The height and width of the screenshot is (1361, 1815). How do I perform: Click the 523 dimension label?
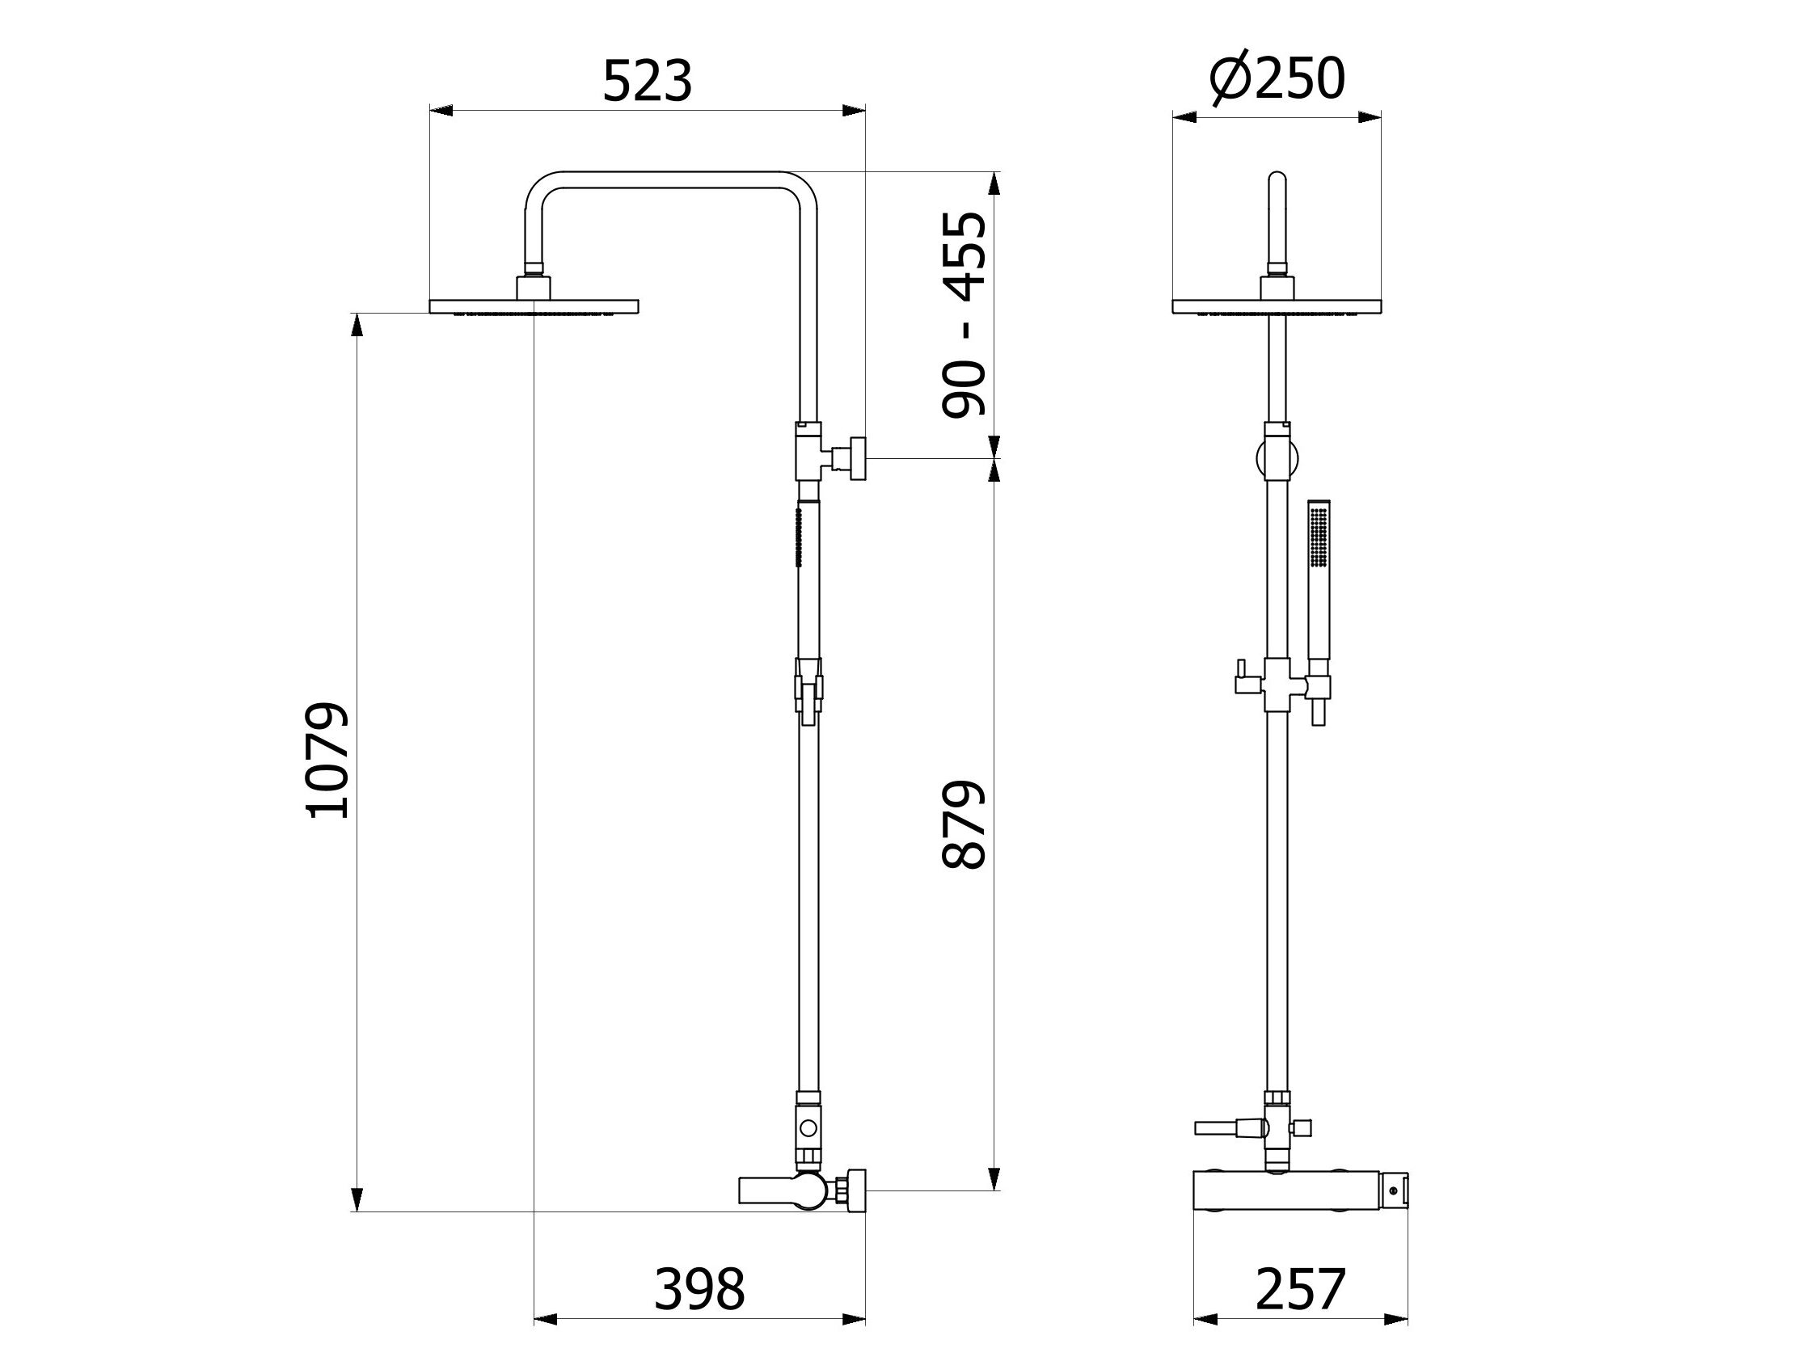[648, 81]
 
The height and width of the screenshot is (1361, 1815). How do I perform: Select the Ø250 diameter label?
[1277, 79]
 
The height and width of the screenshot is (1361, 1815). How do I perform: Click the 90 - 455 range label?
[964, 315]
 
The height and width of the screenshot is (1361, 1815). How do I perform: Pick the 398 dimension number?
[699, 1289]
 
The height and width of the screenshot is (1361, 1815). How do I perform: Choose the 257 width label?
[1301, 1289]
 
